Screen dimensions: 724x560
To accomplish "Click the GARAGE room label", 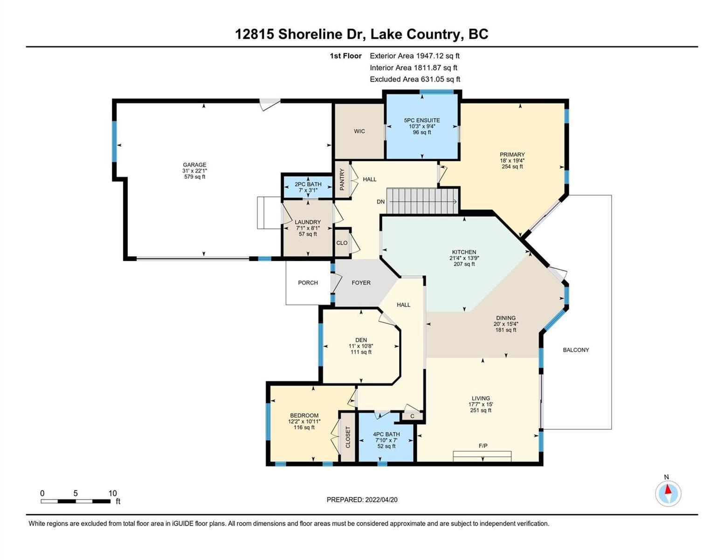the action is click(x=194, y=165).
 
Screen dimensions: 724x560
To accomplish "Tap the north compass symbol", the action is click(x=668, y=493).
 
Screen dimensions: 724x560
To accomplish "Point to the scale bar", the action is click(x=76, y=501).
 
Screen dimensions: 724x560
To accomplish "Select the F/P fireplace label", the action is click(x=483, y=445).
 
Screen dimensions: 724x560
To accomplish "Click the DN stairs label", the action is click(x=380, y=202).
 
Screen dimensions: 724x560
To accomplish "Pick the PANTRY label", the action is click(x=342, y=180).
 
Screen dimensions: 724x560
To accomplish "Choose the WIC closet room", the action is click(x=359, y=131).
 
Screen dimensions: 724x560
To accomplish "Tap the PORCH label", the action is click(x=308, y=282).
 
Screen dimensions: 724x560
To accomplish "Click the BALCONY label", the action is click(x=576, y=350).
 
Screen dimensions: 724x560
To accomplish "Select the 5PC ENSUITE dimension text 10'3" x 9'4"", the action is click(x=422, y=126).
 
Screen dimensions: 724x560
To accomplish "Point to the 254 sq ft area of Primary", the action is click(x=512, y=167).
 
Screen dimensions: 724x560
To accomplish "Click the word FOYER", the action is click(x=361, y=282).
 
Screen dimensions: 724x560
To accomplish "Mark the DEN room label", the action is click(x=361, y=340).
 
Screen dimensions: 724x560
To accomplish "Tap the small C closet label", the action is click(x=412, y=416).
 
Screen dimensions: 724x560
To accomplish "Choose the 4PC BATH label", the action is click(x=386, y=434).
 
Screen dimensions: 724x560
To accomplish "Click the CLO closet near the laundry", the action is click(x=342, y=243).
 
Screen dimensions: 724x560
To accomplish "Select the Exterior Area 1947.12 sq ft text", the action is click(x=414, y=56).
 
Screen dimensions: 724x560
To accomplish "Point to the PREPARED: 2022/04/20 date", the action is click(x=362, y=500).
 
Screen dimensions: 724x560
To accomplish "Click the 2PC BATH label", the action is click(x=308, y=184).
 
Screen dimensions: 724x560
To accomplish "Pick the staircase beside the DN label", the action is click(x=422, y=201).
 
